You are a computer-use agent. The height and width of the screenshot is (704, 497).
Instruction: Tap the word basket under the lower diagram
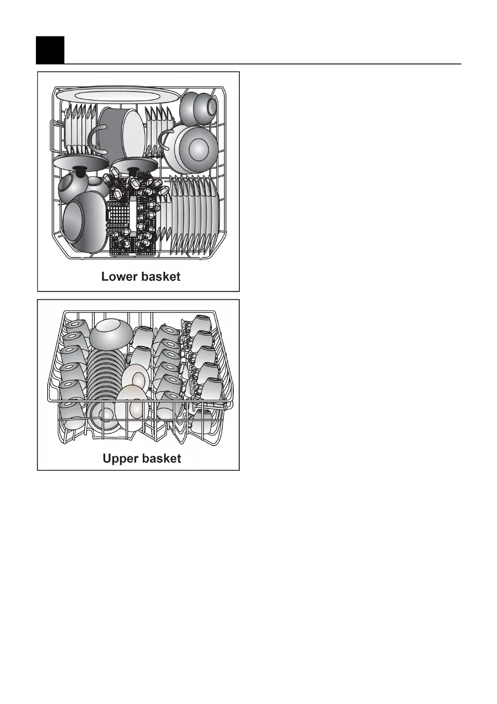[161, 277]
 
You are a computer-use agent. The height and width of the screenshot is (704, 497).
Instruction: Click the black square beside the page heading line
[50, 50]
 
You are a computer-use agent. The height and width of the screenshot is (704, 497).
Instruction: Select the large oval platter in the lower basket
[118, 94]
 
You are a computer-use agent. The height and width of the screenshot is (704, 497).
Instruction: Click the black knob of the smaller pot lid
[134, 171]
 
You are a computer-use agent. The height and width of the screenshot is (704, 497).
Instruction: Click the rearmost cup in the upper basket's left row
[76, 328]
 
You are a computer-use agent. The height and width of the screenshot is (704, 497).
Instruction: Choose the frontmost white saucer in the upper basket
[132, 408]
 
